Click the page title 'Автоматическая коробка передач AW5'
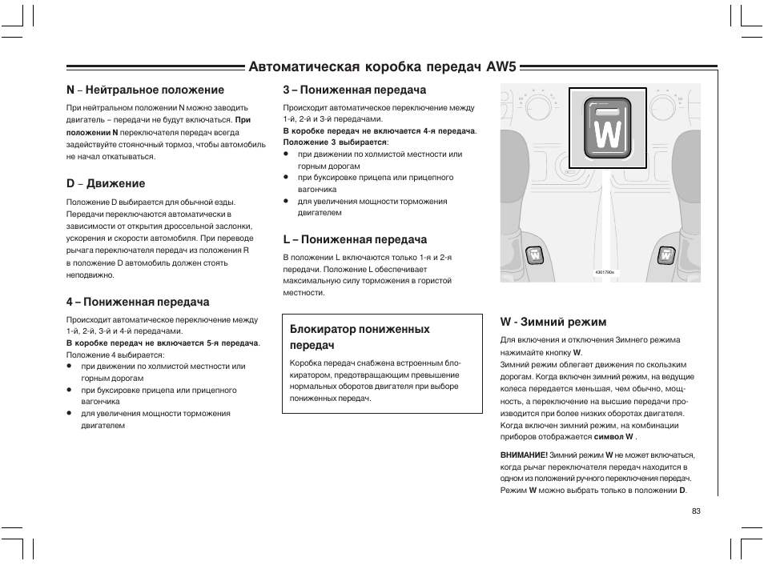383,66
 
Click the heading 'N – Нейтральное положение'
145,90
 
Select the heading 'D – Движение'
106,184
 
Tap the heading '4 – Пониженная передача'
138,302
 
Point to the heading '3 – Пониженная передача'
355,90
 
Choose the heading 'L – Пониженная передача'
355,239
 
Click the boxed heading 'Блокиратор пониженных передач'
360,337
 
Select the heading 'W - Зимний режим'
553,322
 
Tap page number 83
696,511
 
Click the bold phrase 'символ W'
613,438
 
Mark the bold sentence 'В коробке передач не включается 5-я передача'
162,343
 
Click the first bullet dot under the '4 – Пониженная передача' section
70,367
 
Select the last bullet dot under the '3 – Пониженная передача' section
286,202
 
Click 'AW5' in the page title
503,66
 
